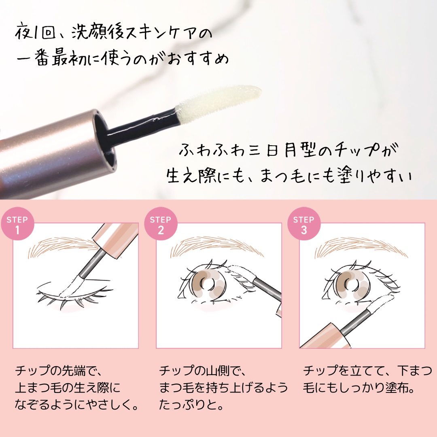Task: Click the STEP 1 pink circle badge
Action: tap(17, 225)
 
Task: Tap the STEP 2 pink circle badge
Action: tap(161, 225)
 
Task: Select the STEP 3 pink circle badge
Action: tap(304, 225)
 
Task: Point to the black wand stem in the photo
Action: tap(142, 128)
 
